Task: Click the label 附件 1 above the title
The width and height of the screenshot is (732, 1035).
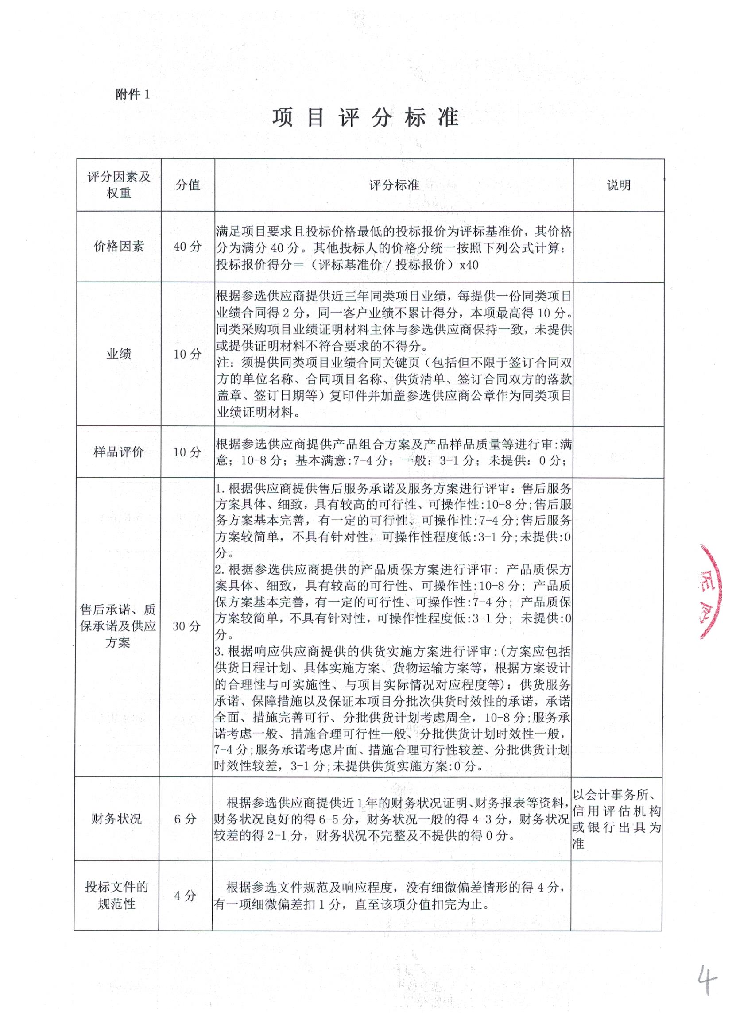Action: click(132, 95)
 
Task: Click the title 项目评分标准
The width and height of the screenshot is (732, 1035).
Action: click(365, 119)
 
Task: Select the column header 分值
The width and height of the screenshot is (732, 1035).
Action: click(188, 185)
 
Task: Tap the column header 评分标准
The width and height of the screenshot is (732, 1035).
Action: click(394, 185)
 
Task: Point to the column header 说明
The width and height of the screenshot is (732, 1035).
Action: click(618, 185)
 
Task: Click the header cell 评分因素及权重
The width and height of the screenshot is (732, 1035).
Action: click(119, 185)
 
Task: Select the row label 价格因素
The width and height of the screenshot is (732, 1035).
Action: click(119, 246)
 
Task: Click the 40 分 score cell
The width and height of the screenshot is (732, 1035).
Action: click(188, 246)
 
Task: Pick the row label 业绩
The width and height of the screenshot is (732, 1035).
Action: click(119, 354)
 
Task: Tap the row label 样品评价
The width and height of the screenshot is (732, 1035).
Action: click(119, 452)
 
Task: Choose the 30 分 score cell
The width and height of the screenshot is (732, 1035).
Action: click(186, 626)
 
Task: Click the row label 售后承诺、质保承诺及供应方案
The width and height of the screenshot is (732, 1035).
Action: click(118, 626)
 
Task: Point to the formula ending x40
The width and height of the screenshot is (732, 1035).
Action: click(347, 265)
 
